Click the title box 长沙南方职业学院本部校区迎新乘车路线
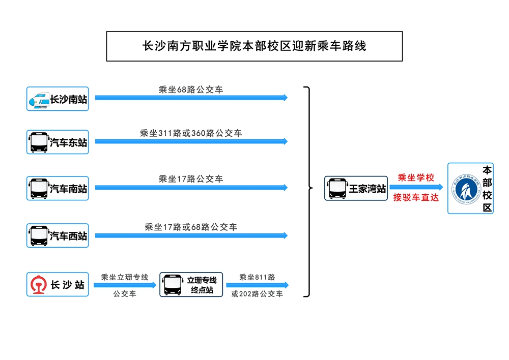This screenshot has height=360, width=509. [x=254, y=46]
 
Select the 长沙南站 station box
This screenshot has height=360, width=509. [x=58, y=99]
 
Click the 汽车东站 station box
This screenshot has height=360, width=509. [x=58, y=142]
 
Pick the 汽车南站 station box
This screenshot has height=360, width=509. [x=58, y=189]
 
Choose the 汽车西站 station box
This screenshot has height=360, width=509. [x=58, y=235]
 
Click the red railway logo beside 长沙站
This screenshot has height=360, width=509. [x=38, y=285]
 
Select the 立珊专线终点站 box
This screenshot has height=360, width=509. [x=191, y=285]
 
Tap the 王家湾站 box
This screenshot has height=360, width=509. [x=356, y=189]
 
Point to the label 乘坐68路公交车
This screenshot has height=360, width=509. [x=191, y=89]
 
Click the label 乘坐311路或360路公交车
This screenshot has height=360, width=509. [x=191, y=133]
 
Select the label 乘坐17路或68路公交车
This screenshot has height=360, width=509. [x=191, y=227]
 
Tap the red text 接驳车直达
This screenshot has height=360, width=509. [x=415, y=197]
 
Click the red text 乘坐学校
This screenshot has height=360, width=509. [x=415, y=177]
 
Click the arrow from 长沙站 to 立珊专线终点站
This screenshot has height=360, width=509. [x=125, y=285]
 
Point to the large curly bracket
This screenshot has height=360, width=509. [x=307, y=191]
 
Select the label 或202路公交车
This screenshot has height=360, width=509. [x=257, y=294]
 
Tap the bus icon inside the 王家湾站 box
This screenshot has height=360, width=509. [x=337, y=189]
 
